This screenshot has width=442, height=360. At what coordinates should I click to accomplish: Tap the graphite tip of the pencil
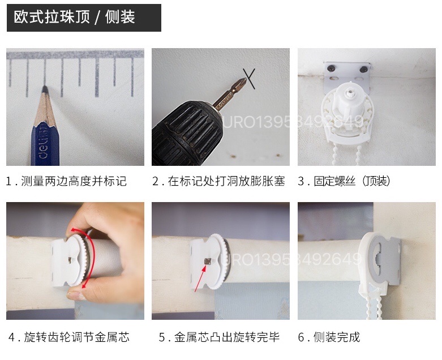pos(44,89)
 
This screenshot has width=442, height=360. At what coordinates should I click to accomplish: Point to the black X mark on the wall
pos(250,78)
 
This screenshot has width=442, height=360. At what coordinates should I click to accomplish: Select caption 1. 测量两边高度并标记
pos(66,181)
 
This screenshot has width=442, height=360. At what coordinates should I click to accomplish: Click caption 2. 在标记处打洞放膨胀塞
pos(218,181)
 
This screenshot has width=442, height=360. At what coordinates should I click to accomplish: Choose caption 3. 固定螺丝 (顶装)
pos(344,181)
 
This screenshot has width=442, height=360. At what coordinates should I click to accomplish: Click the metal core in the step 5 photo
pos(207,262)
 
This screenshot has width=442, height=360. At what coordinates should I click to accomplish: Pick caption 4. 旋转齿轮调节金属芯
pos(69,337)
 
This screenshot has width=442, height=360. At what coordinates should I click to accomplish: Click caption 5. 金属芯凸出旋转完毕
pos(219,337)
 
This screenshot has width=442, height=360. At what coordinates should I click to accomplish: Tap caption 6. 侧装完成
pos(329,337)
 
